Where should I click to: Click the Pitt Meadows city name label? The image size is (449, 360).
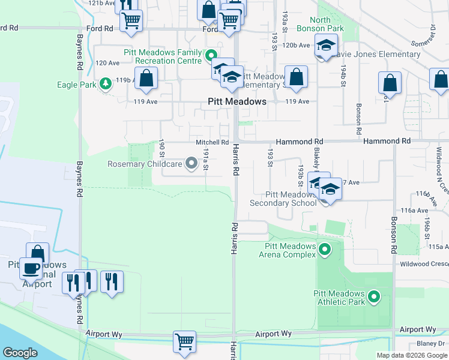click(x=237, y=102)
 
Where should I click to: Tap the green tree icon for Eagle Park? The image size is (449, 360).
click(x=106, y=83)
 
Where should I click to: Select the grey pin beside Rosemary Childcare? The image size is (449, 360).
click(x=191, y=163)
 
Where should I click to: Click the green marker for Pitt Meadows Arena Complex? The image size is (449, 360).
click(x=325, y=248)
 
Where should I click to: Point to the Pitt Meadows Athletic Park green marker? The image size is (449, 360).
click(x=374, y=296)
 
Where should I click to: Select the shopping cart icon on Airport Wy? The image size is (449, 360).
click(x=184, y=341)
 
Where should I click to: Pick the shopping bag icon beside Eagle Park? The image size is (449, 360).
click(x=146, y=78)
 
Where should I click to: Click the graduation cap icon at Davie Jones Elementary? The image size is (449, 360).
click(x=326, y=46)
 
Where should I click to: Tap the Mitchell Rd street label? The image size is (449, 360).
click(x=212, y=142)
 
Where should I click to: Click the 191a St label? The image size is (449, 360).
click(x=205, y=160)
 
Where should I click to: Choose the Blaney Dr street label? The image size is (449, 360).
click(x=429, y=344)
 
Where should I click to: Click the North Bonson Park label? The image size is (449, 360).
click(x=328, y=24)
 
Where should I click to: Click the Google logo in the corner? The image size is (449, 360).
click(x=20, y=353)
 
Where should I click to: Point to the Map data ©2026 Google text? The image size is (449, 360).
click(x=411, y=355)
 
